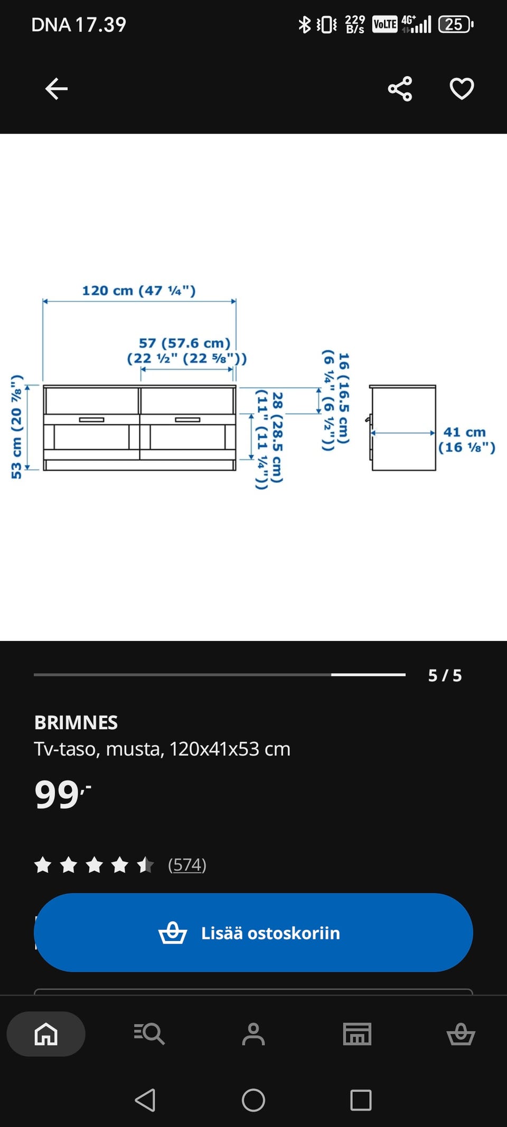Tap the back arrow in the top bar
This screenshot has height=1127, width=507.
click(x=57, y=89)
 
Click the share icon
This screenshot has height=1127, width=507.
click(x=400, y=89)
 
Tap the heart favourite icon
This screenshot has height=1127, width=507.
click(x=462, y=89)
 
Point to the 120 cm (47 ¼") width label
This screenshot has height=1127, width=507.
click(x=139, y=291)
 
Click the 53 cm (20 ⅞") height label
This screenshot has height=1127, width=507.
click(x=17, y=427)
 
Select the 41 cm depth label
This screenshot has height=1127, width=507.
click(x=464, y=432)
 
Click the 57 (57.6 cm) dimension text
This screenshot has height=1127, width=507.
click(x=184, y=343)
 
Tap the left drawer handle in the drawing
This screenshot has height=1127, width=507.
click(x=91, y=420)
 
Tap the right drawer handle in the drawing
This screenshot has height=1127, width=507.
click(x=187, y=420)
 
